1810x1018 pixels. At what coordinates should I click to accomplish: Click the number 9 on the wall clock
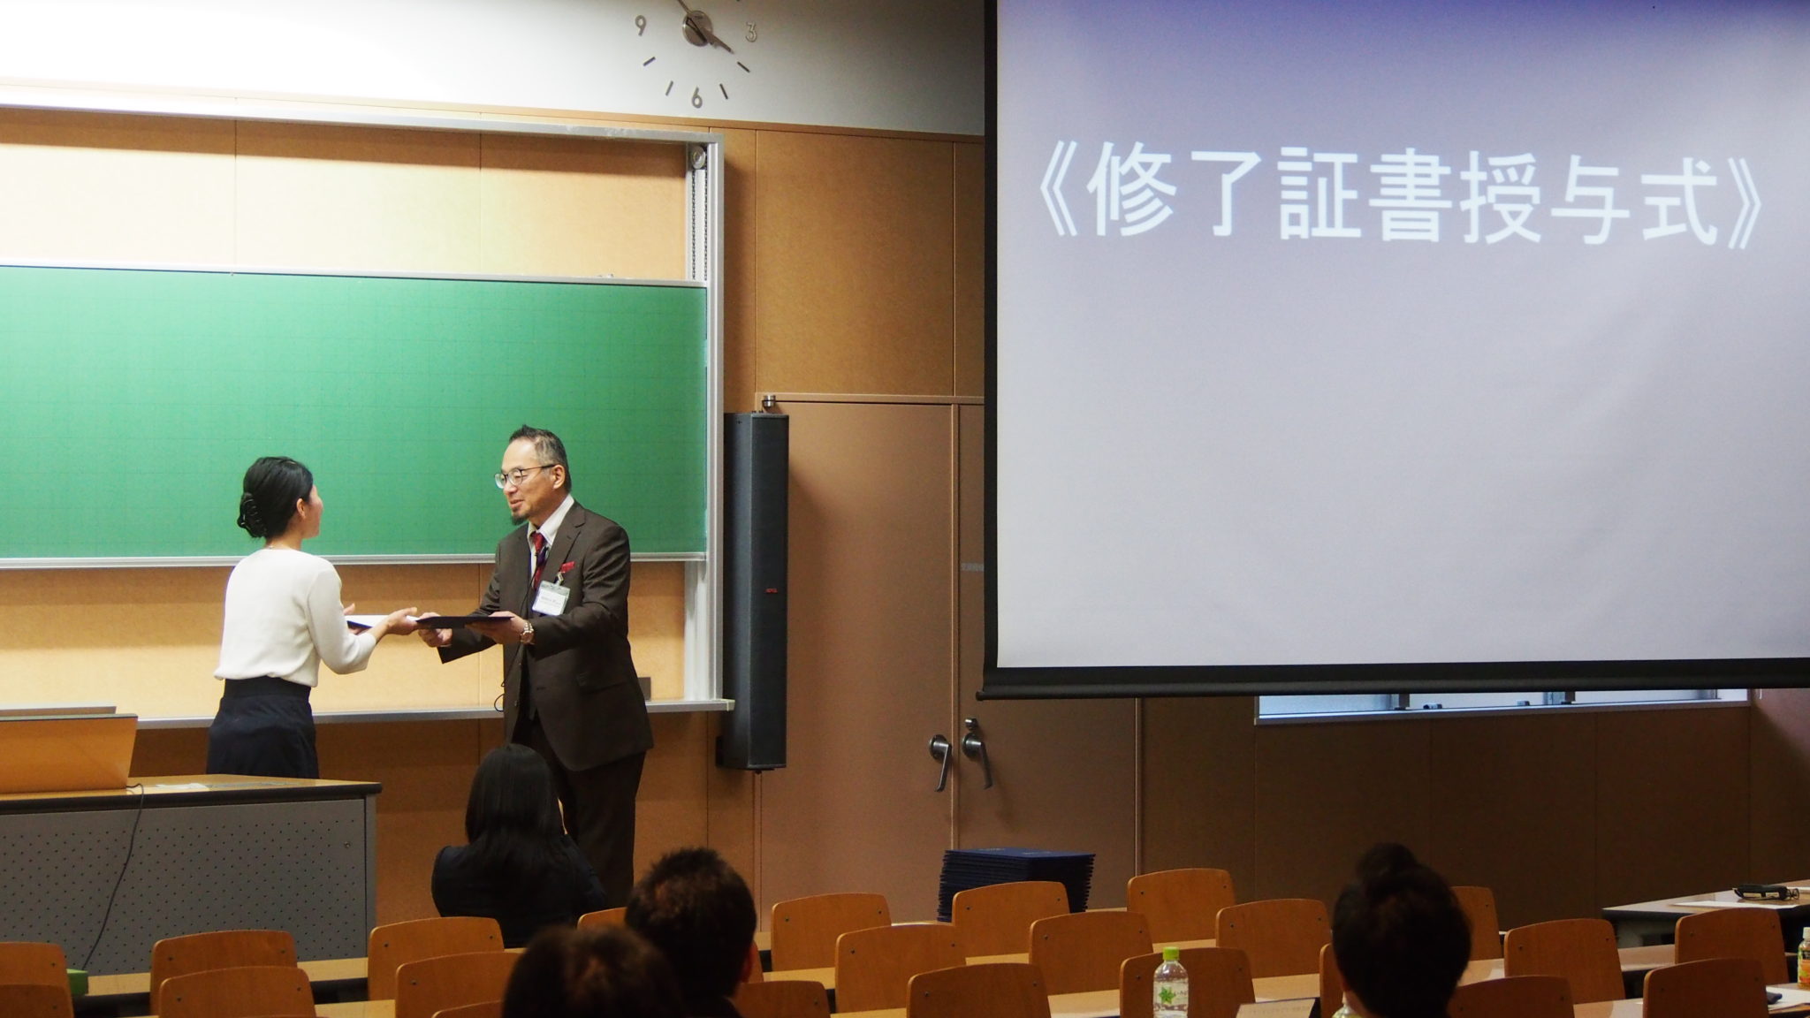click(641, 24)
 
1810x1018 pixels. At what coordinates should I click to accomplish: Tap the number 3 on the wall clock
click(751, 33)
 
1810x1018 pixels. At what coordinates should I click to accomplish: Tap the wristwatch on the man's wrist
click(527, 631)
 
